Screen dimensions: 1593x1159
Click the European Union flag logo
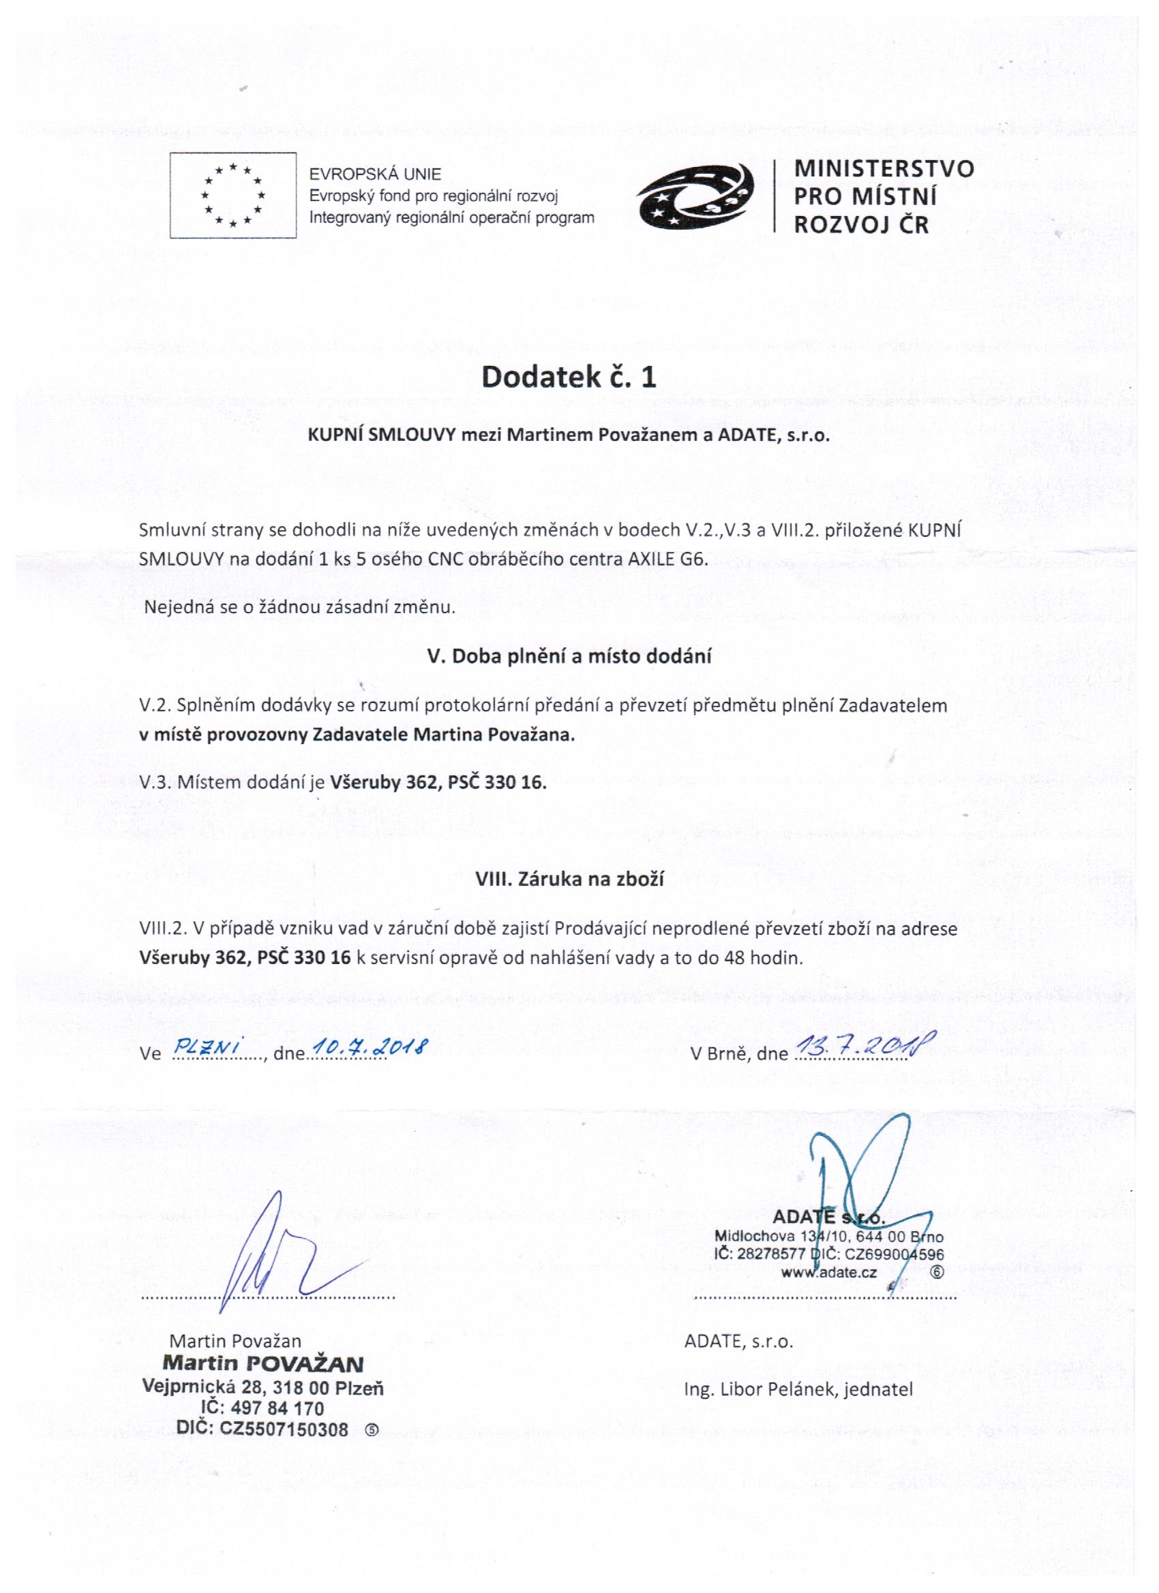[x=232, y=196]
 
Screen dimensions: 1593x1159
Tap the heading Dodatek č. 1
[x=569, y=377]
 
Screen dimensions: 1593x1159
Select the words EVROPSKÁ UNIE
[x=376, y=174]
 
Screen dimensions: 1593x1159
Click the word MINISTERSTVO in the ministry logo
[x=884, y=168]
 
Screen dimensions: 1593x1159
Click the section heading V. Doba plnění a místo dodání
[x=569, y=656]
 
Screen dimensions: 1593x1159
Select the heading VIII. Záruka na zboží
[x=569, y=880]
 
